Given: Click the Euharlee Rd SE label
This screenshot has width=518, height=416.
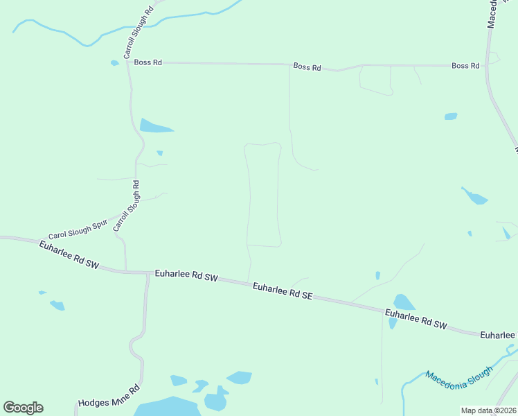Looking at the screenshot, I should tap(283, 291).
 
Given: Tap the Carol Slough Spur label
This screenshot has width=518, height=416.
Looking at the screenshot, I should tap(78, 230).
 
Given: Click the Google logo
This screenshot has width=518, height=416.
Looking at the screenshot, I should tap(23, 408).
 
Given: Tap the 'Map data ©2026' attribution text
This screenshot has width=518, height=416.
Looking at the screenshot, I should tap(488, 410).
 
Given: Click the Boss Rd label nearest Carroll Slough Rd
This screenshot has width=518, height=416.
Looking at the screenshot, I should tap(148, 62).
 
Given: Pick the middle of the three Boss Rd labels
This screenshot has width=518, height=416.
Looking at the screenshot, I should tap(307, 67).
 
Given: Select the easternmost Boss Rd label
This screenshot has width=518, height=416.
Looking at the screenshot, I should tap(465, 66).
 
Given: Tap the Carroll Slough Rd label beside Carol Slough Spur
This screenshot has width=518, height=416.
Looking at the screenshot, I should tap(127, 206).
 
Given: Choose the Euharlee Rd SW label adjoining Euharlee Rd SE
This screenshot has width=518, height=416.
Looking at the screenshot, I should tap(186, 277).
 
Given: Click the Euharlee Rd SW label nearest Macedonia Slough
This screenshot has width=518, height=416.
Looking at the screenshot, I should tap(417, 320).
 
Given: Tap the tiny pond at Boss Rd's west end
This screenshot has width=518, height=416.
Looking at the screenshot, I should tap(114, 63).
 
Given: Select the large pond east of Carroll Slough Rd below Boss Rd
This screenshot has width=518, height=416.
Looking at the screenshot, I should tap(154, 126).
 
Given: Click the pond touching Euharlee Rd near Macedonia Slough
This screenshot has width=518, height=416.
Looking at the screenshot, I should tap(403, 302).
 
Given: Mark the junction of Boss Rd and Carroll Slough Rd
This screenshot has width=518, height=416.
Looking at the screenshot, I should tap(129, 62).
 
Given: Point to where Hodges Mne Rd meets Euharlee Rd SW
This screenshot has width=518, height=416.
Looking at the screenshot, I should tap(148, 273).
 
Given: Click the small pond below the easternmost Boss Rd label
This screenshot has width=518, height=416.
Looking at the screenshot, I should tap(451, 116).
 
